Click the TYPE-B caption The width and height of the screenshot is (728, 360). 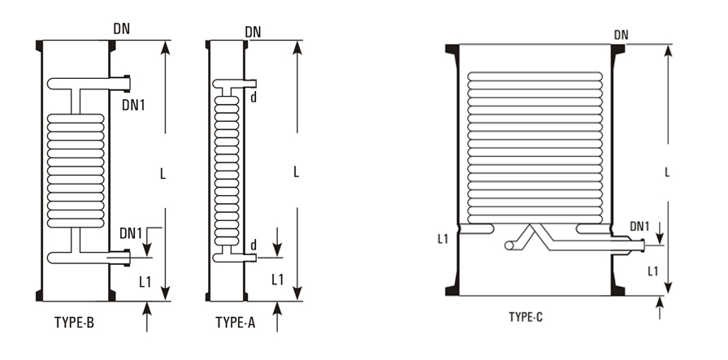click(x=73, y=323)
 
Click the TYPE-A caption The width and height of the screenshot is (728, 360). click(x=236, y=323)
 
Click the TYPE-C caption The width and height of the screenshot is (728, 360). click(x=526, y=317)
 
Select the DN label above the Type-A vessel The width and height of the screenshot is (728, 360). click(x=253, y=32)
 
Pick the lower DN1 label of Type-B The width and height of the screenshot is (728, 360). click(x=132, y=234)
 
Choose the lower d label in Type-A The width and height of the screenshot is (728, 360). click(x=254, y=245)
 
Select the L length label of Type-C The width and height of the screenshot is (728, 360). click(x=666, y=172)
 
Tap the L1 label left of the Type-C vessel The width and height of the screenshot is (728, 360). click(x=443, y=239)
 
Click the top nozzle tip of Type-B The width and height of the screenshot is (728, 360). click(x=128, y=80)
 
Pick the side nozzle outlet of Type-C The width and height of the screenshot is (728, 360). click(x=643, y=242)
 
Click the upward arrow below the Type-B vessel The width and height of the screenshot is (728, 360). click(x=146, y=315)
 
